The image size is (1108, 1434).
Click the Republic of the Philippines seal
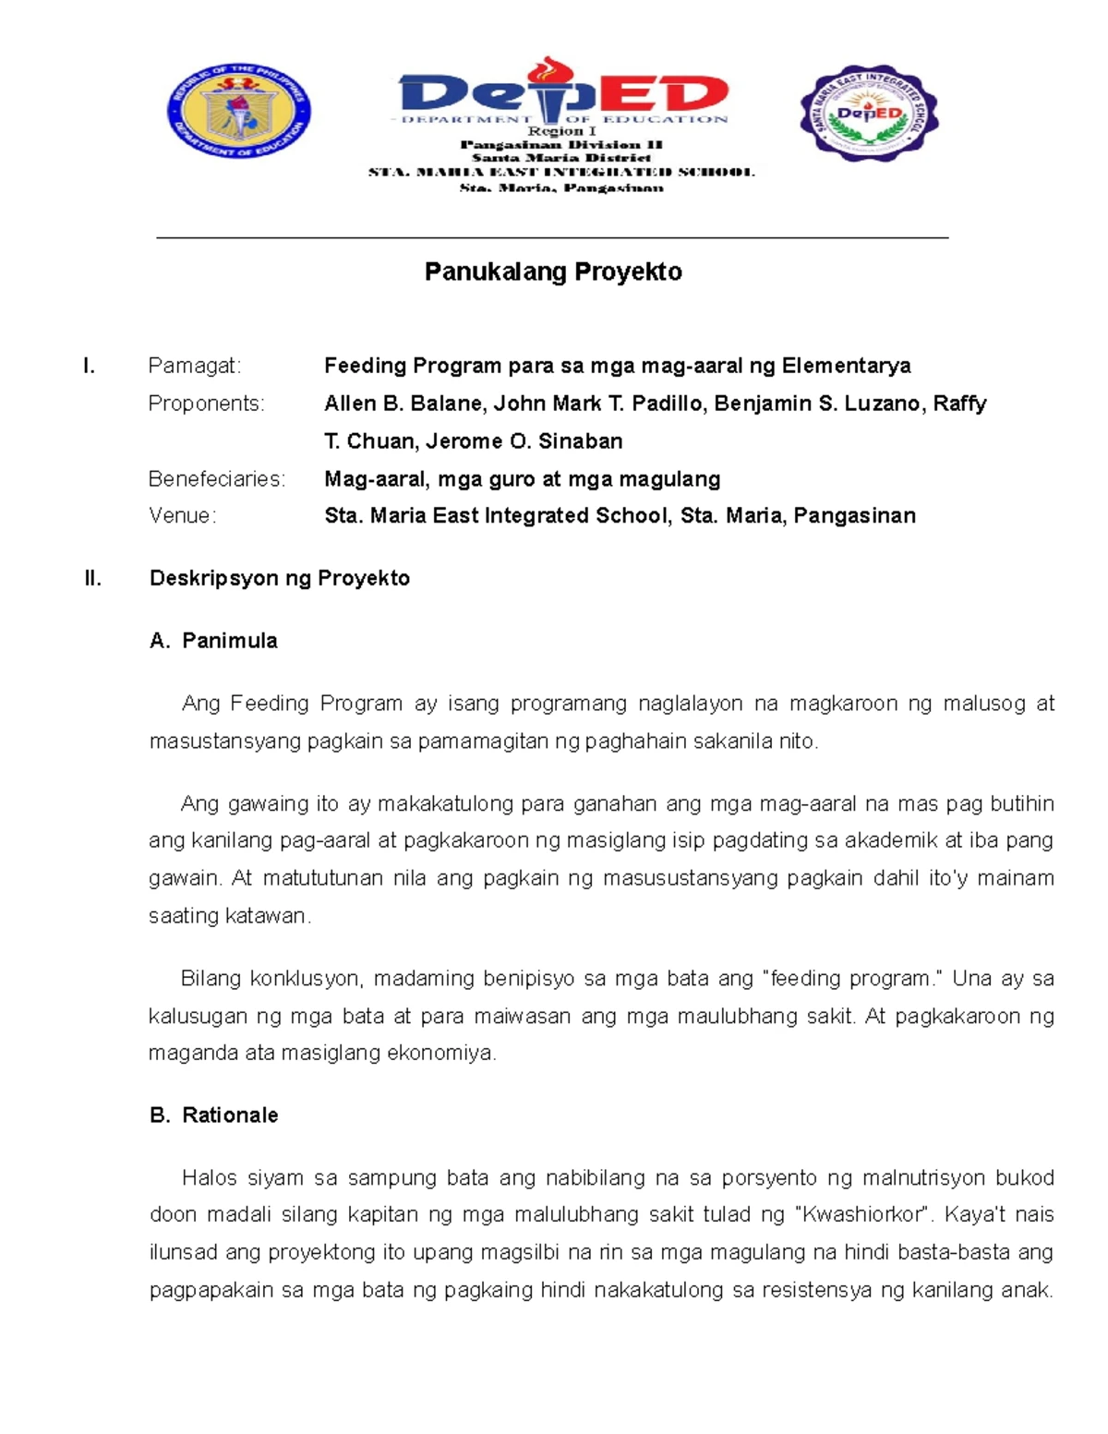click(238, 112)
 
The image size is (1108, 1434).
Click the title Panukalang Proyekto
click(553, 271)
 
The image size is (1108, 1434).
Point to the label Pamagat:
click(194, 367)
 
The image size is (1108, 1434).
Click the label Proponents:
click(206, 404)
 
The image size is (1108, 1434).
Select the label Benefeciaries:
click(217, 479)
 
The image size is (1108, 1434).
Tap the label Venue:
click(182, 516)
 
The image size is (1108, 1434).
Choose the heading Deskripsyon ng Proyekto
click(279, 578)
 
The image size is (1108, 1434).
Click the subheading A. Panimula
click(213, 641)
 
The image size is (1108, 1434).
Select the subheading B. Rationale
click(213, 1115)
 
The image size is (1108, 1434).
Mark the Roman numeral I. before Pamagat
click(89, 367)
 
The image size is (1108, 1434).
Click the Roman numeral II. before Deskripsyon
click(92, 578)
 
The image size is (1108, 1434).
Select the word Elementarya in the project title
click(846, 367)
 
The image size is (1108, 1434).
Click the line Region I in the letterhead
click(561, 132)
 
